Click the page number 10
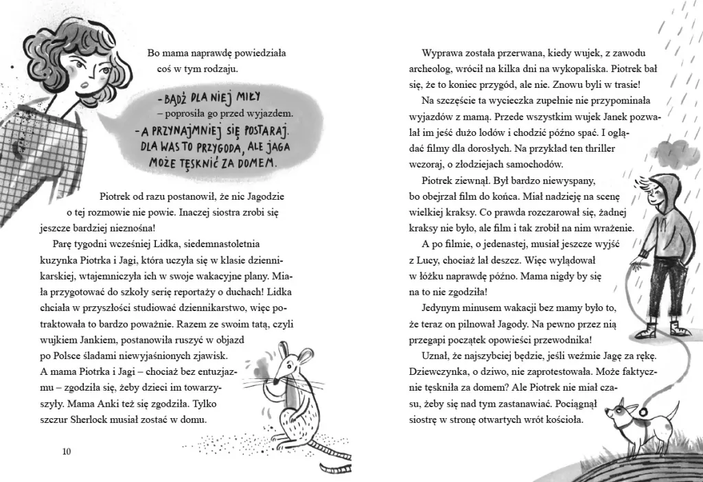point(66,451)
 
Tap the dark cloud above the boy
point(673,152)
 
